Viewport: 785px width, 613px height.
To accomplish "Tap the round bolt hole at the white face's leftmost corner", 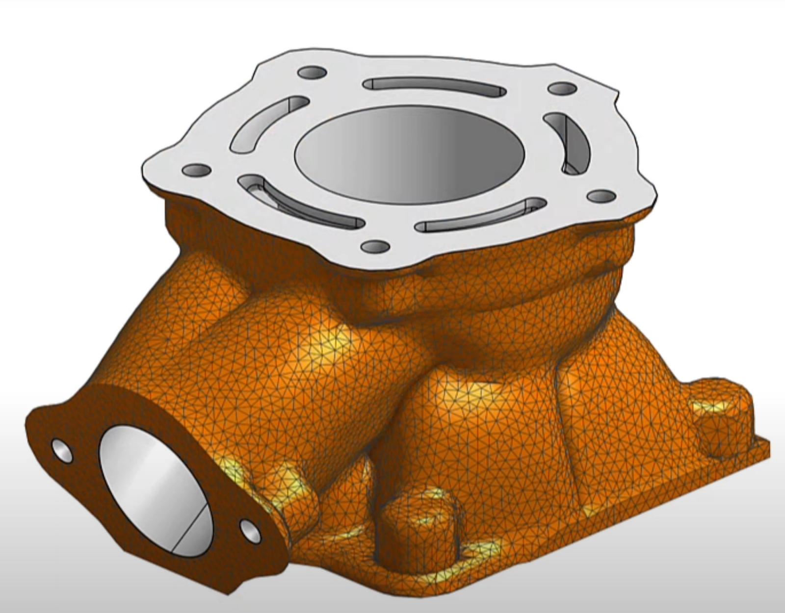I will (197, 171).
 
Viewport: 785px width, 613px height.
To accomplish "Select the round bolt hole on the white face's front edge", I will (375, 246).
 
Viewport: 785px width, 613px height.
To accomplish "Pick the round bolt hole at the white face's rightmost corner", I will (601, 196).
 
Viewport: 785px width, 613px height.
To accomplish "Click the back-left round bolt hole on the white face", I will (313, 73).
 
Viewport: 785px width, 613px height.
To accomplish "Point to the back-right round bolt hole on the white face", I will (562, 89).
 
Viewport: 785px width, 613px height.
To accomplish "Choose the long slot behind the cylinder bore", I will (435, 87).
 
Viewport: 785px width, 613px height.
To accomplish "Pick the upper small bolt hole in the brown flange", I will (62, 451).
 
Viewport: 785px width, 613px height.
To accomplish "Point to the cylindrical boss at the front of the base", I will (417, 520).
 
